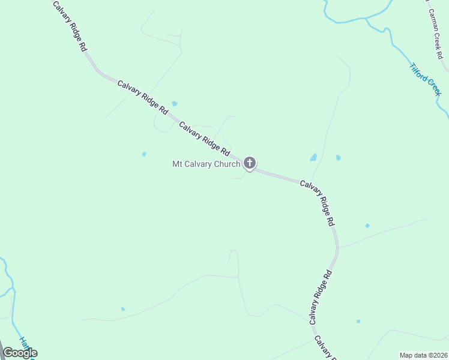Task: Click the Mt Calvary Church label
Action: point(206,164)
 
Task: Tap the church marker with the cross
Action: point(250,163)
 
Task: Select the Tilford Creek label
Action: point(426,79)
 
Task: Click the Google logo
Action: point(20,353)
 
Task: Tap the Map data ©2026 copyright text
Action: point(423,355)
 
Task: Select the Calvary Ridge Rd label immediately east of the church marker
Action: point(318,203)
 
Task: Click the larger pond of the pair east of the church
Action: point(313,157)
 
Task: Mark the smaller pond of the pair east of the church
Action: point(338,158)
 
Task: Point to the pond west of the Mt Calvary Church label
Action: point(144,154)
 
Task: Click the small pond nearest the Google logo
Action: point(123,309)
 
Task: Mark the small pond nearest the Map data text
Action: point(358,322)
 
